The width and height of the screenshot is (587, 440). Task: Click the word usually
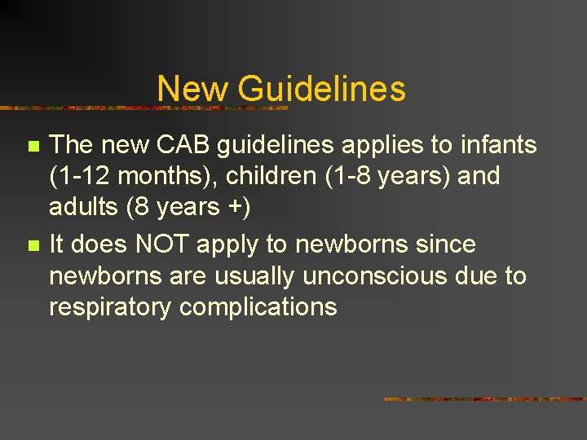(x=254, y=275)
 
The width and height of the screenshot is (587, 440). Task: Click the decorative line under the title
(x=147, y=108)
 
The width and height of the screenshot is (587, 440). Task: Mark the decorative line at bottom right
(x=484, y=399)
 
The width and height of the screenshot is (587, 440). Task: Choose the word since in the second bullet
(x=448, y=244)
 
